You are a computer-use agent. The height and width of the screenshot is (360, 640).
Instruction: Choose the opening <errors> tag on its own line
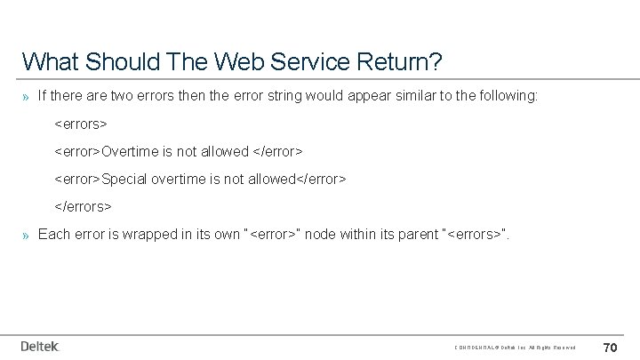[x=81, y=123]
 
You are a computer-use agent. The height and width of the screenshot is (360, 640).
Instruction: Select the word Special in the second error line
[x=125, y=179]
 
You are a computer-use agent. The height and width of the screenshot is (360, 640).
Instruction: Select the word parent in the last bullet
[x=413, y=235]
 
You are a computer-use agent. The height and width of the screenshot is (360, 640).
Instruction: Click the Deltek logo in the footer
[x=40, y=346]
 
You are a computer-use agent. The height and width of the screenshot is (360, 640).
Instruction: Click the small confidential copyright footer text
[x=515, y=347]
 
